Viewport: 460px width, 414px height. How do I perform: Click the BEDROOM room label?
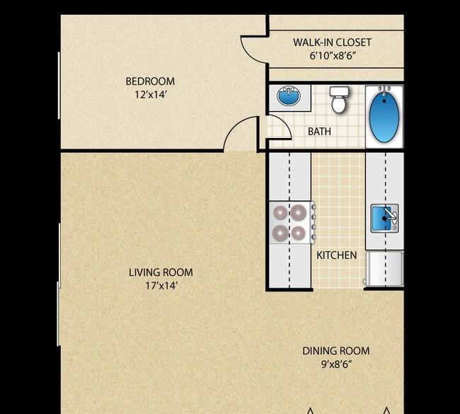150,81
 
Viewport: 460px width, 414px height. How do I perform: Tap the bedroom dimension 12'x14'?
151,95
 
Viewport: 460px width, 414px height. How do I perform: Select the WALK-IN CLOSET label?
332,42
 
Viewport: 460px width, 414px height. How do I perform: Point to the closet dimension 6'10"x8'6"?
333,55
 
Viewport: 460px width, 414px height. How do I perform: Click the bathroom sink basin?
289,96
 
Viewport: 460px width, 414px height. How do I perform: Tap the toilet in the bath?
339,100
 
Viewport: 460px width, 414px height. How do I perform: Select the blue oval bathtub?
384,117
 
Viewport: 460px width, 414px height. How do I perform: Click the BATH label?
319,132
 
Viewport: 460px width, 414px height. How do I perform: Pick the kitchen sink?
384,219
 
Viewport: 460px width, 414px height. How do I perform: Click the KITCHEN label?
337,255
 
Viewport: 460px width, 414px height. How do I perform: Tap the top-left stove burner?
280,213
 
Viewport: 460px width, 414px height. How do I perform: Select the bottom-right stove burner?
299,234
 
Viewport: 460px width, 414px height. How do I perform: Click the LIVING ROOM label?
161,272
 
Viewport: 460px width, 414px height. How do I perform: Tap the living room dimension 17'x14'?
161,285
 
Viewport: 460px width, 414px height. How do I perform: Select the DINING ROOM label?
336,351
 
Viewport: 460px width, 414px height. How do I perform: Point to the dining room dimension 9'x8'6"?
336,364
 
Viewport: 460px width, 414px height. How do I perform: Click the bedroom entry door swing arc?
234,126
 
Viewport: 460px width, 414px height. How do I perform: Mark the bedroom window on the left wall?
59,86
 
